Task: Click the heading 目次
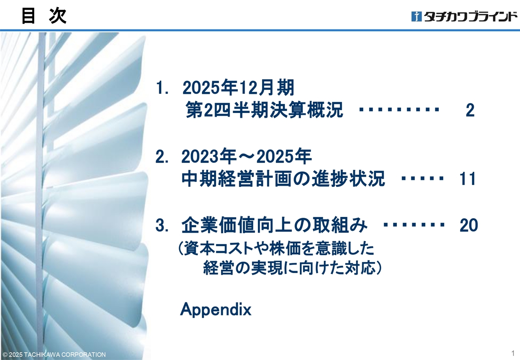point(44,16)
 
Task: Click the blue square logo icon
point(416,16)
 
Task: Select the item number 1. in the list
point(162,88)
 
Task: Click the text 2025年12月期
point(238,87)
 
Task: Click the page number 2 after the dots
point(470,110)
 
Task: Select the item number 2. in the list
point(162,156)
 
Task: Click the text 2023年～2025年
point(246,156)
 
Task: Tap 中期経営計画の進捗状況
point(283,178)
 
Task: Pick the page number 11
point(468,179)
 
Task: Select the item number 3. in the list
point(162,225)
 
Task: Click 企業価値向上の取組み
point(274,225)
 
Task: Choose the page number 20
point(469,225)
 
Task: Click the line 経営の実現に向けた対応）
point(292,268)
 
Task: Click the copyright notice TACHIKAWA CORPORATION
point(54,355)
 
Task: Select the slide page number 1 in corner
point(513,353)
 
